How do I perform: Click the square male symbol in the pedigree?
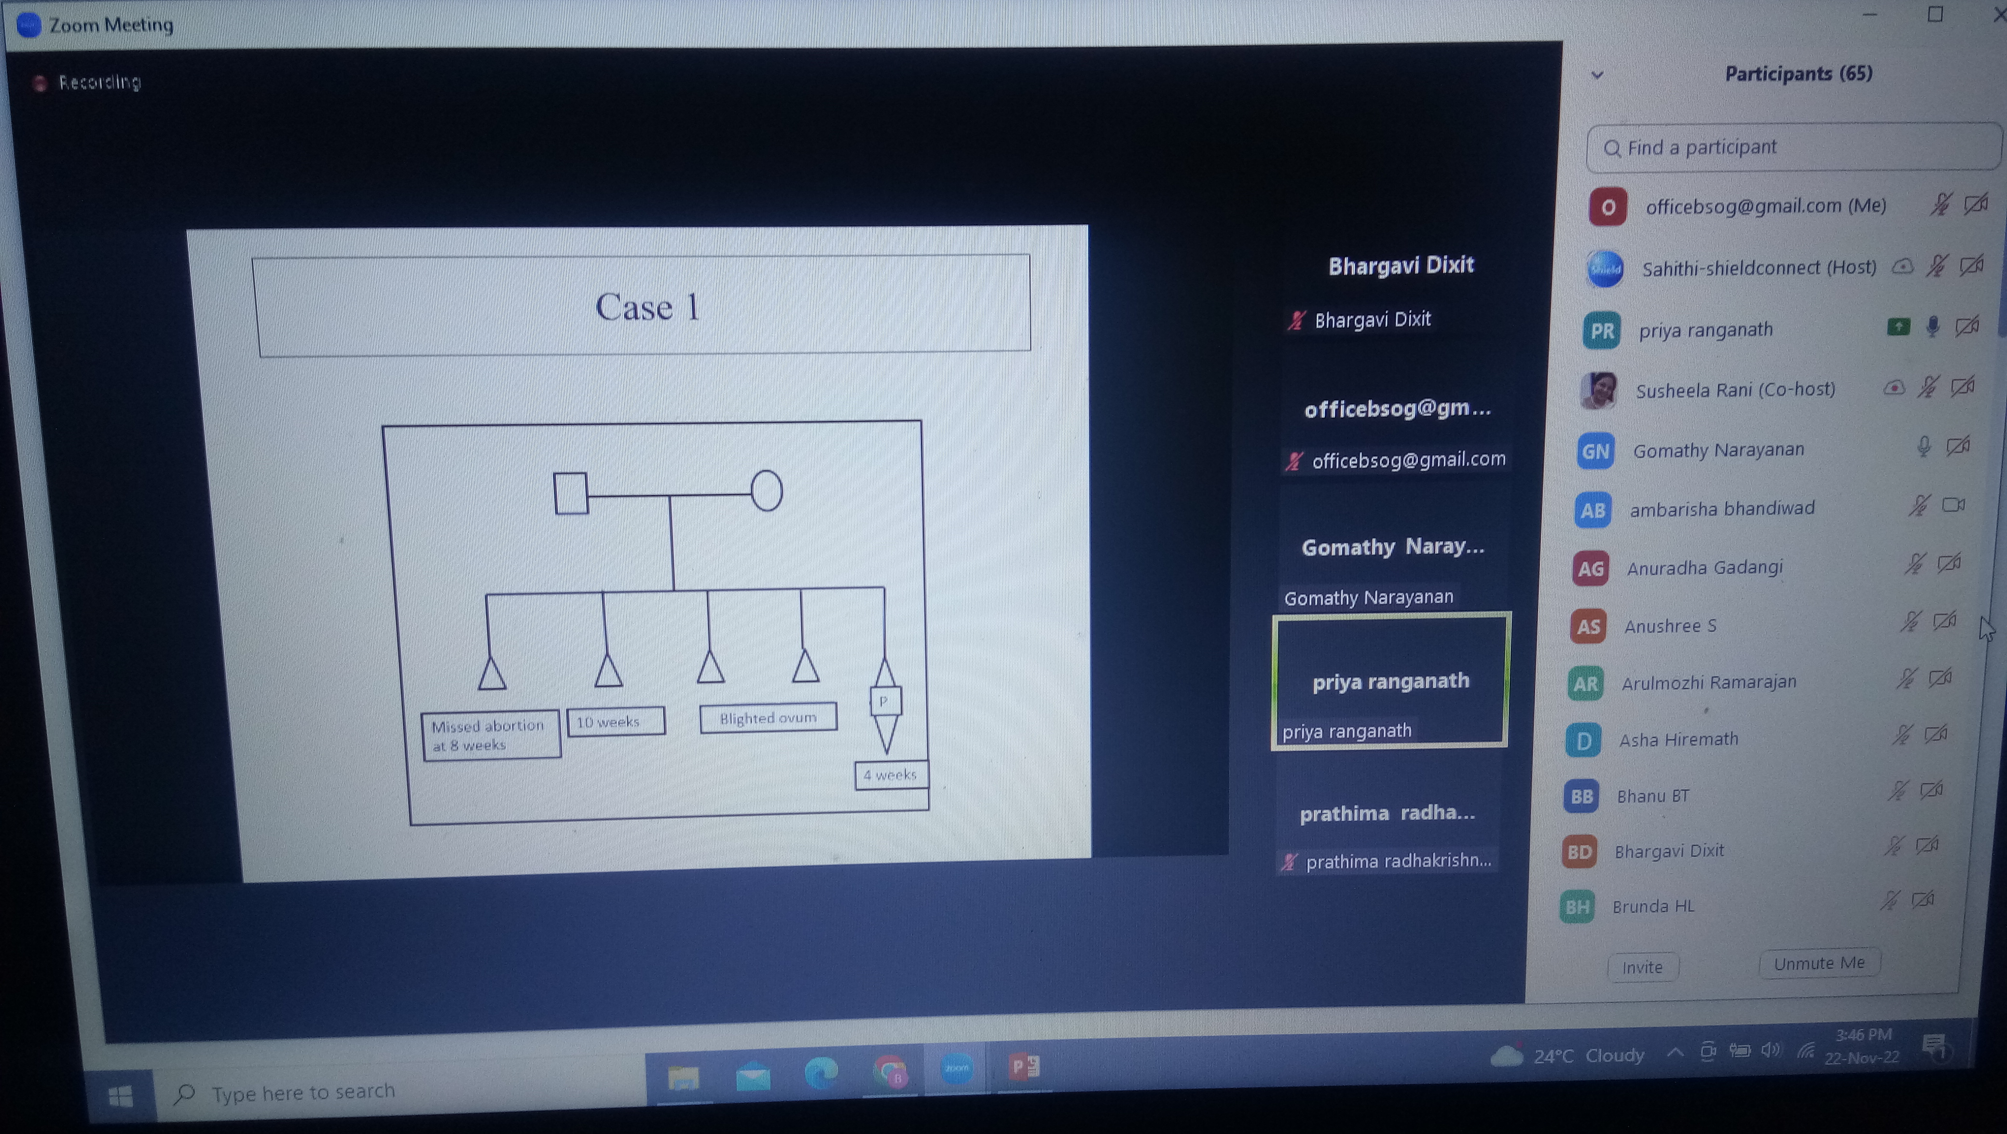pyautogui.click(x=570, y=493)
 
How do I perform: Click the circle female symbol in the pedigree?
pyautogui.click(x=767, y=491)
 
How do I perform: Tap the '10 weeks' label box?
pyautogui.click(x=616, y=721)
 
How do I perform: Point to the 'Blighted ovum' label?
pyautogui.click(x=768, y=717)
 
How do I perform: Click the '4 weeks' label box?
pyautogui.click(x=891, y=775)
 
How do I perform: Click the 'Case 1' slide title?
pyautogui.click(x=646, y=306)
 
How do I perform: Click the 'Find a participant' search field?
pyautogui.click(x=1792, y=147)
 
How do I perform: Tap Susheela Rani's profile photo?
pyautogui.click(x=1598, y=390)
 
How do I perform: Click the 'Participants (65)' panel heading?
pyautogui.click(x=1798, y=74)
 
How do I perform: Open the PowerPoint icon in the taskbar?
pyautogui.click(x=1024, y=1066)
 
